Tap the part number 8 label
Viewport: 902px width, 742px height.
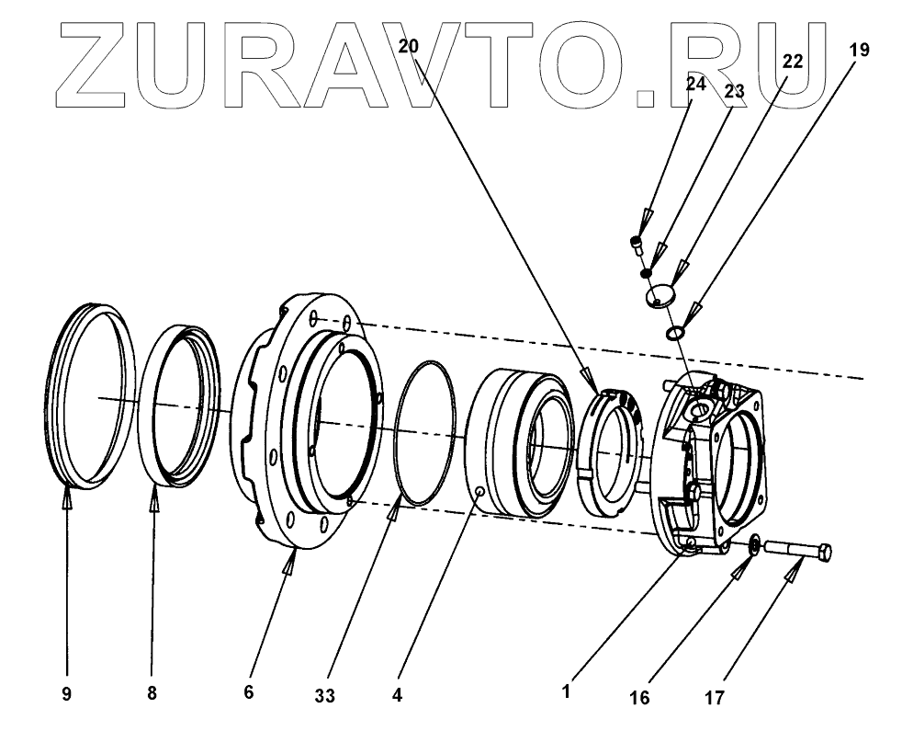pyautogui.click(x=152, y=695)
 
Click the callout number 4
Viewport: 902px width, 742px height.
pyautogui.click(x=397, y=696)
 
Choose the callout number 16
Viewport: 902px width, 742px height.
pyautogui.click(x=640, y=698)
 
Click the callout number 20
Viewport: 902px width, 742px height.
pyautogui.click(x=409, y=47)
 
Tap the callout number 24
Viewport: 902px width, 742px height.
pyautogui.click(x=694, y=85)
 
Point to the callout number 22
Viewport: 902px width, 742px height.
pyautogui.click(x=792, y=61)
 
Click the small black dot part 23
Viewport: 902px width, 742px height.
pyautogui.click(x=647, y=272)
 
